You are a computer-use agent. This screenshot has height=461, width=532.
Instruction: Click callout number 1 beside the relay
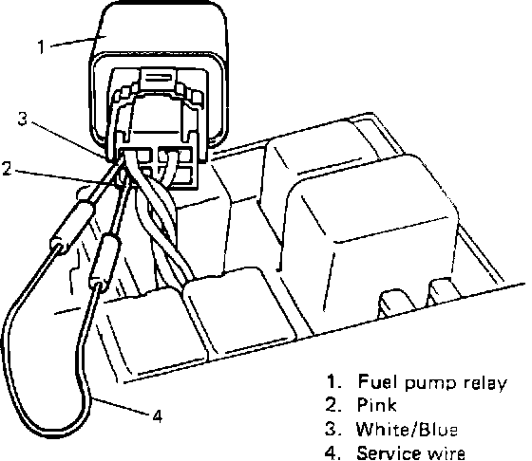(42, 46)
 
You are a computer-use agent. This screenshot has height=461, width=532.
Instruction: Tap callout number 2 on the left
(8, 168)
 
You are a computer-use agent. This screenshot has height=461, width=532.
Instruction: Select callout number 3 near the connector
(23, 119)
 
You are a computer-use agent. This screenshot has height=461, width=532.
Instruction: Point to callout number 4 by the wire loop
(157, 415)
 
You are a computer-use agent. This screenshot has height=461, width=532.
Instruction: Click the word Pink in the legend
(376, 405)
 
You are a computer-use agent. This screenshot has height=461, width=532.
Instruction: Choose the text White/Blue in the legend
(407, 429)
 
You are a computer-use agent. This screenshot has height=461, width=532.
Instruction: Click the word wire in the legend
(445, 453)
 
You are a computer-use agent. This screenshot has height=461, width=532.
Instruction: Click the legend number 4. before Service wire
(332, 453)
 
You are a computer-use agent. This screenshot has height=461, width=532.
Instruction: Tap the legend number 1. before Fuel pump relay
(333, 381)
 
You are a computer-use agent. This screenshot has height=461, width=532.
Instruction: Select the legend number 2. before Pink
(332, 405)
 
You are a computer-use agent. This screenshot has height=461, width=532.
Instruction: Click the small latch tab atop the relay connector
(158, 77)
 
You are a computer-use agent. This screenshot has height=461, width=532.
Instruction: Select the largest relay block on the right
(369, 233)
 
